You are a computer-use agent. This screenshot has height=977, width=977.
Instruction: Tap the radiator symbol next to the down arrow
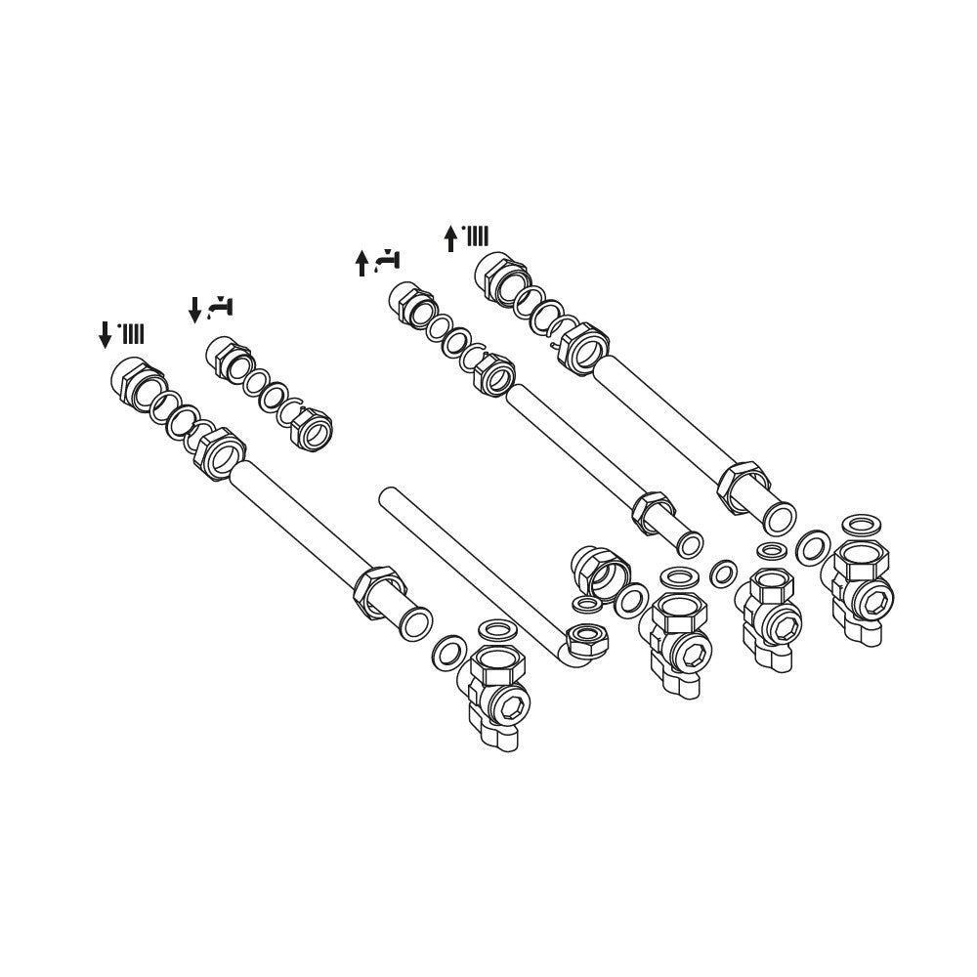(132, 335)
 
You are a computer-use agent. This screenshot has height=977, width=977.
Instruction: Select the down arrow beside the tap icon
(194, 310)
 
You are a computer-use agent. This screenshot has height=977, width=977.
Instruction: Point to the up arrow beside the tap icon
(361, 262)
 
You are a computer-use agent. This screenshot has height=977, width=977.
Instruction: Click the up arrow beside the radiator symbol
(450, 237)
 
